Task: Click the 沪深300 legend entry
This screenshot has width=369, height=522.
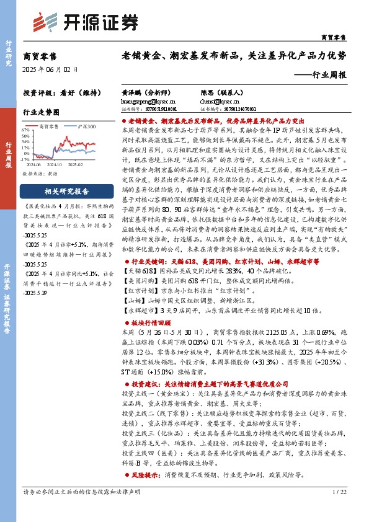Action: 84,126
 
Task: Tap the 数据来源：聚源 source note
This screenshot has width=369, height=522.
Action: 41,174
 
